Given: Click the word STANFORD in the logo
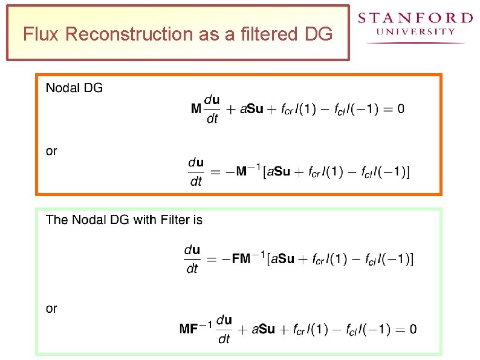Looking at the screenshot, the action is click(x=415, y=18).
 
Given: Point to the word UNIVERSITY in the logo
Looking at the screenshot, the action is click(x=415, y=31).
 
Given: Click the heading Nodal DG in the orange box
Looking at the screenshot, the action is click(x=74, y=88).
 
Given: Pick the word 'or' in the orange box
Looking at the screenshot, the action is click(x=51, y=151).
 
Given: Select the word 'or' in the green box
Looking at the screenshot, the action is click(x=51, y=309).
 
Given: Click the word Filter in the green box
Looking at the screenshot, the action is click(x=175, y=220).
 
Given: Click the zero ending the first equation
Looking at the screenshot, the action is click(x=401, y=109).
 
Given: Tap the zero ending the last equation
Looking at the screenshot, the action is click(x=412, y=329).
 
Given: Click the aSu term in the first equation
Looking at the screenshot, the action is click(x=251, y=110).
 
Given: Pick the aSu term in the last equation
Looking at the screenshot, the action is click(x=263, y=330).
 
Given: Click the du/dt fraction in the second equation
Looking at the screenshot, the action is click(x=196, y=172).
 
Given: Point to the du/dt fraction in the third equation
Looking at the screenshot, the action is click(x=192, y=259).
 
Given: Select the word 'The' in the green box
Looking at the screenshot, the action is click(x=57, y=220).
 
